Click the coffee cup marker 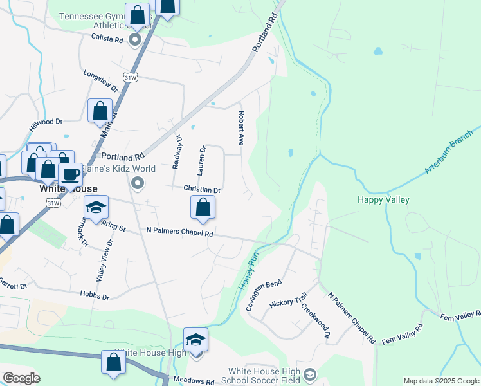70,174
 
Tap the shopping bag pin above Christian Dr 203,207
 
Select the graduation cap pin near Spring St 96,207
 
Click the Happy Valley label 383,199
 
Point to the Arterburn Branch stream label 449,151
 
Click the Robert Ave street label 241,127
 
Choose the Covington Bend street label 264,295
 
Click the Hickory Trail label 289,302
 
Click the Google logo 21,378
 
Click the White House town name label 68,189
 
